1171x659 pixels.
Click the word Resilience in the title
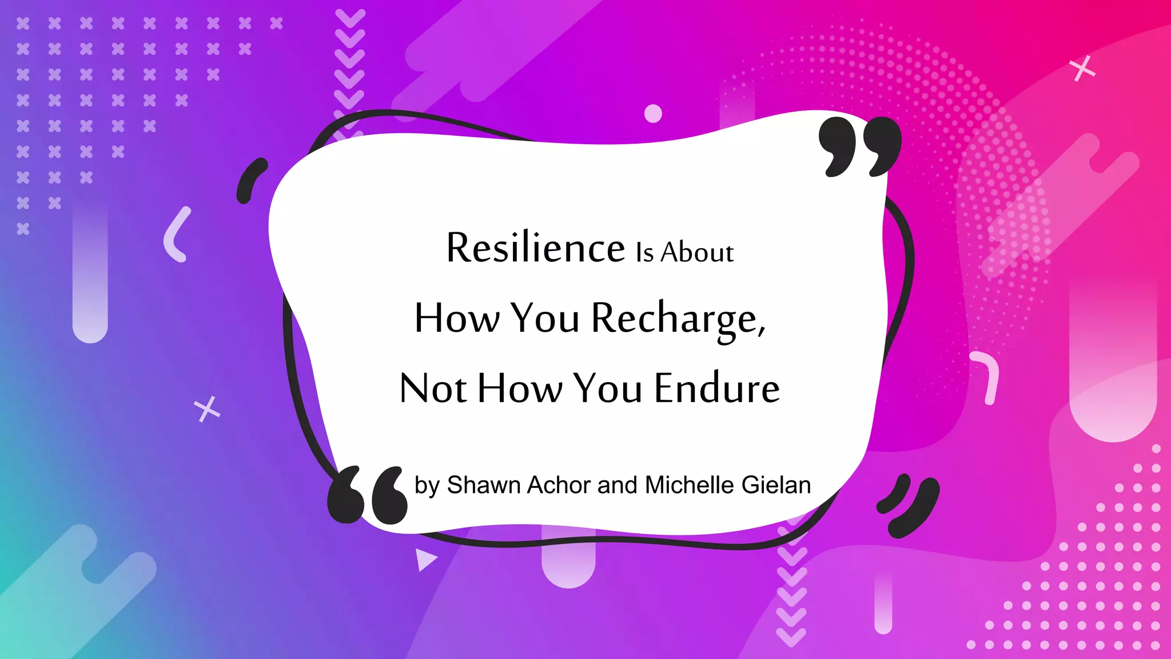point(535,248)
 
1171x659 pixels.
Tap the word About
point(697,252)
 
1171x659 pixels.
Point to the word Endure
point(717,388)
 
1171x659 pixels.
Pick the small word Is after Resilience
point(644,252)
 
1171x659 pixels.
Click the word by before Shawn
point(427,486)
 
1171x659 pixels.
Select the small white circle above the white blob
point(653,113)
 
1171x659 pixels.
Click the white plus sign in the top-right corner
point(1082,69)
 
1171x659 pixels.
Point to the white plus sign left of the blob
point(207,409)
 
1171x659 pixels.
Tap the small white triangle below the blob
point(425,559)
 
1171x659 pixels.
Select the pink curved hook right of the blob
point(987,377)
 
